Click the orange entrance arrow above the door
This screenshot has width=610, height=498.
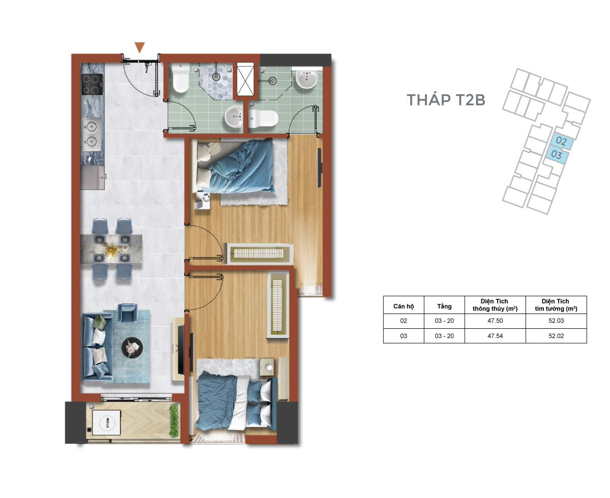pyautogui.click(x=139, y=47)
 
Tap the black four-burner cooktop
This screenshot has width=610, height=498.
pyautogui.click(x=92, y=84)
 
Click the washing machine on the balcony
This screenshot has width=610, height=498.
pyautogui.click(x=106, y=422)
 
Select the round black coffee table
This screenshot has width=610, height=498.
pyautogui.click(x=132, y=348)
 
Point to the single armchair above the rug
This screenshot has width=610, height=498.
pyautogui.click(x=128, y=313)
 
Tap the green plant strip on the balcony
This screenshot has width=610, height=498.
pyautogui.click(x=174, y=421)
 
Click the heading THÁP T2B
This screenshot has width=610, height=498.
pyautogui.click(x=445, y=100)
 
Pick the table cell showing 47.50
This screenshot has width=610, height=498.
pyautogui.click(x=495, y=321)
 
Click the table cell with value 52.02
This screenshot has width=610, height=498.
pyautogui.click(x=556, y=336)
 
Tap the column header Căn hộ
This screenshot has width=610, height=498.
pyautogui.click(x=404, y=306)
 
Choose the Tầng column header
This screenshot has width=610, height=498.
pyautogui.click(x=444, y=306)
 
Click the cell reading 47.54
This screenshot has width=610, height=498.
pyautogui.click(x=495, y=336)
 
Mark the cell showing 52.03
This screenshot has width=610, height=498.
pyautogui.click(x=556, y=321)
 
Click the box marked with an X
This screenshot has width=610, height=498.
pyautogui.click(x=246, y=79)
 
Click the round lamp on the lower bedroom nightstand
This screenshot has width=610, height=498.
pyautogui.click(x=269, y=367)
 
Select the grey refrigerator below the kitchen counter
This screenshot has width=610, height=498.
pyautogui.click(x=93, y=177)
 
